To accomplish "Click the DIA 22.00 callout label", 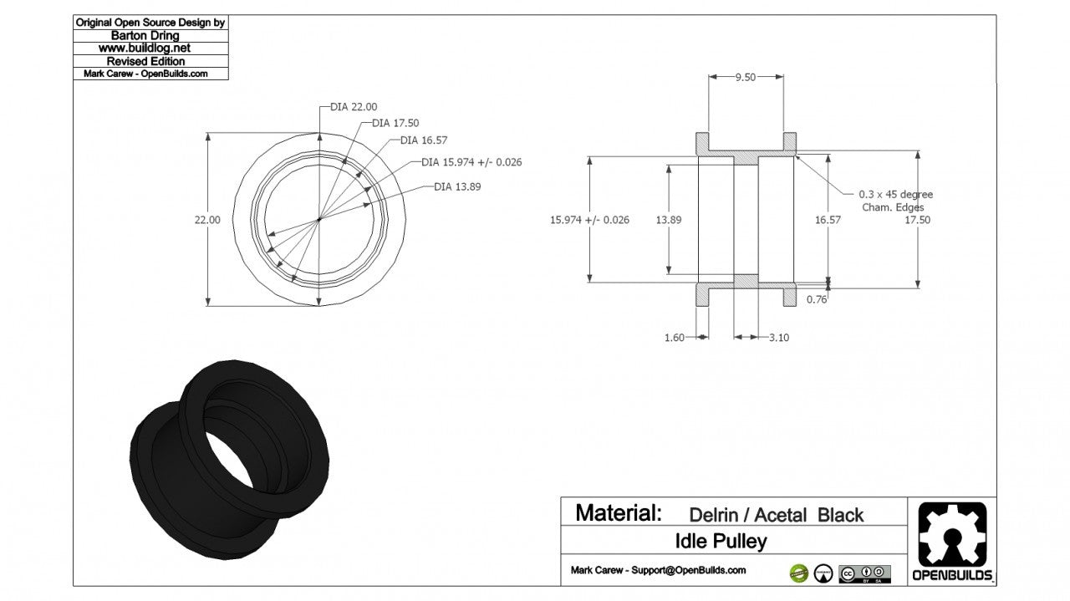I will point(354,107).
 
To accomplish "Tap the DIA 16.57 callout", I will point(423,140).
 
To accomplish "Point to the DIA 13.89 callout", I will point(457,187).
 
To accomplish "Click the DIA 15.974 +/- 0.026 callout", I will point(471,162).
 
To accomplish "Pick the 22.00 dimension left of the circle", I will point(207,220).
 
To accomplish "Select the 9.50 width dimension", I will point(745,77).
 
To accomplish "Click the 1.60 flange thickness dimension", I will point(674,338).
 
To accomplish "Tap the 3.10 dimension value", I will point(778,338).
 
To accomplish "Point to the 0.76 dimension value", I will point(817,299).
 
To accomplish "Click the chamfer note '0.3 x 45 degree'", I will point(896,194).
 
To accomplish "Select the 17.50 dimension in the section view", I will point(917,220).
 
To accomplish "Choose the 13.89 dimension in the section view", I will point(669,220).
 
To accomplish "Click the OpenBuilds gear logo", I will point(952,536).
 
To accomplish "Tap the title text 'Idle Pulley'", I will point(721,542).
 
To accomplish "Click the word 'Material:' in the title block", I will point(619,512).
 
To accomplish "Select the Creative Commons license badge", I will point(864,573).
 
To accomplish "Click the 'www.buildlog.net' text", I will point(150,48).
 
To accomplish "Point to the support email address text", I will point(658,570).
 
